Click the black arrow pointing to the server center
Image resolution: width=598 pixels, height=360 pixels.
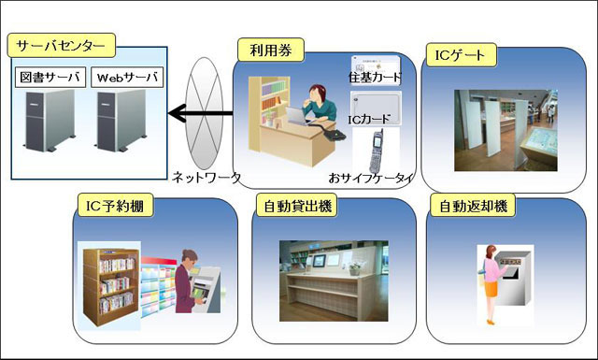click(x=200, y=114)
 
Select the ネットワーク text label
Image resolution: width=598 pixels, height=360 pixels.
click(x=206, y=177)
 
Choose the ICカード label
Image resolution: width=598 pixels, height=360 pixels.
click(x=372, y=120)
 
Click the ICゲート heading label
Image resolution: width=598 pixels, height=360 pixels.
click(x=460, y=54)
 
